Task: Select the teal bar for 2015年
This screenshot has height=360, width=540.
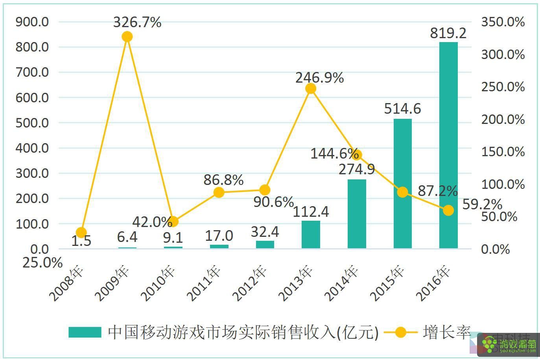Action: click(402, 183)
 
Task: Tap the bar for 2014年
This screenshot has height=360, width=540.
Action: click(357, 214)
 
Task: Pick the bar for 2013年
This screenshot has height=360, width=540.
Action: click(311, 234)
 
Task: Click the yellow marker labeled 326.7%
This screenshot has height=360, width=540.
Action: click(127, 37)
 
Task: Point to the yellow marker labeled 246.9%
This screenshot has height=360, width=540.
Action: click(311, 89)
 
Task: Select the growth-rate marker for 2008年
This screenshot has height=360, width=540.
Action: click(81, 233)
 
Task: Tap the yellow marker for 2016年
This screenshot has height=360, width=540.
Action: click(448, 210)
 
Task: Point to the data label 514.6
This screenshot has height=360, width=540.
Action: click(402, 109)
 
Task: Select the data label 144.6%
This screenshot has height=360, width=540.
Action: click(334, 153)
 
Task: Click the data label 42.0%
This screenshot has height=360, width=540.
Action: click(152, 222)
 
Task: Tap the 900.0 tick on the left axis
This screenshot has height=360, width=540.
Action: click(32, 22)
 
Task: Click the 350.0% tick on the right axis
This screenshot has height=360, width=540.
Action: click(503, 22)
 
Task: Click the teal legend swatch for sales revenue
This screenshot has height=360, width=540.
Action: click(85, 332)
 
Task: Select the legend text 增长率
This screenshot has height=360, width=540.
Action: click(447, 332)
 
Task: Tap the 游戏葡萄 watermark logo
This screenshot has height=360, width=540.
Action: click(510, 345)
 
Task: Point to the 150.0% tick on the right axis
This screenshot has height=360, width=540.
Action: click(503, 152)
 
